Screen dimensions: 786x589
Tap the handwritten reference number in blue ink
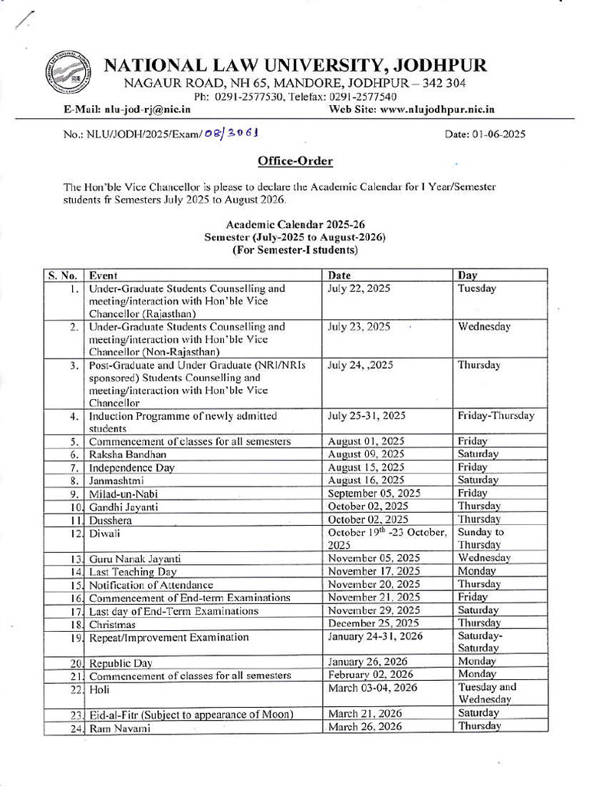231,133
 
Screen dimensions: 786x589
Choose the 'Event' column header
104,275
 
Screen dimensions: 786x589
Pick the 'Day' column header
468,275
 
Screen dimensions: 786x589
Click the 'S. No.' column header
62,275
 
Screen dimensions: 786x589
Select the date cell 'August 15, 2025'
366,467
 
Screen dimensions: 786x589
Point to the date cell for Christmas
373,623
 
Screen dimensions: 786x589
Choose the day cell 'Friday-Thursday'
496,416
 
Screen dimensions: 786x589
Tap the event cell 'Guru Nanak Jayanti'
135,559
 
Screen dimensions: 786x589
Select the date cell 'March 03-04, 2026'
372,688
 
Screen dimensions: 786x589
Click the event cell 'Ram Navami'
118,728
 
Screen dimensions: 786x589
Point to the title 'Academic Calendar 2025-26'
295,225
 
